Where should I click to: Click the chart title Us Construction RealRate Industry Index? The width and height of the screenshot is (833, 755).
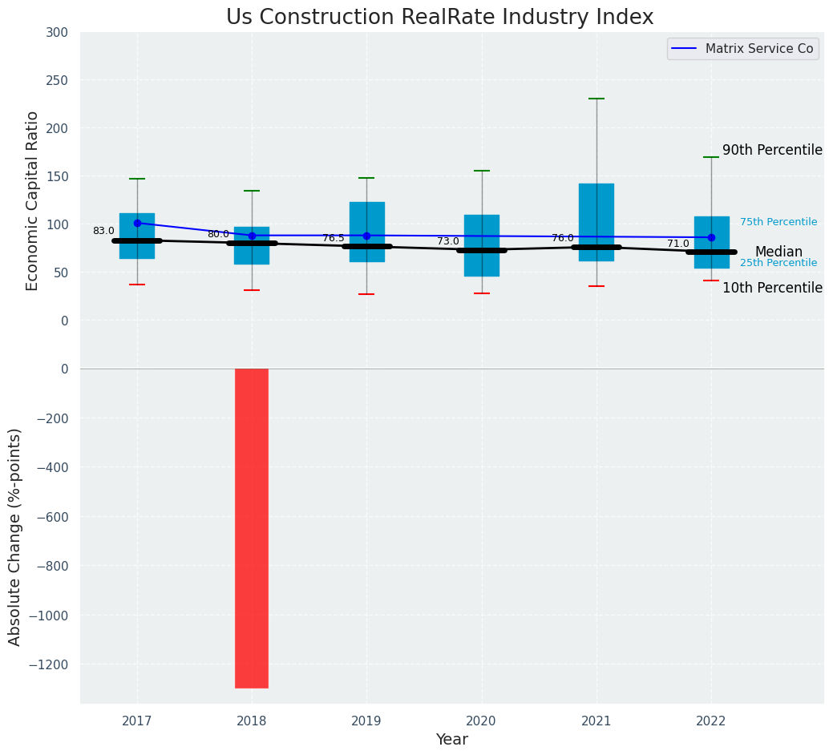(x=439, y=18)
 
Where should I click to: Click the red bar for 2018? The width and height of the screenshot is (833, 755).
(x=252, y=527)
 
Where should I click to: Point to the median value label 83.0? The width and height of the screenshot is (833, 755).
(x=103, y=231)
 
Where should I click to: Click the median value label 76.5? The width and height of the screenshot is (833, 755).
(x=334, y=238)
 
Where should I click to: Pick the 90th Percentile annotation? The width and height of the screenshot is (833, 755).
(x=772, y=150)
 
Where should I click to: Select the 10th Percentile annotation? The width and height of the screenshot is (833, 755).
(x=772, y=288)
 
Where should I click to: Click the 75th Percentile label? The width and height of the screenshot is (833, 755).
(x=778, y=222)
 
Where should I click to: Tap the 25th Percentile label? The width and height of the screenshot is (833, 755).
(x=778, y=263)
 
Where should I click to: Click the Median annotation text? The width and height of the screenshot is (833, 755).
(x=778, y=252)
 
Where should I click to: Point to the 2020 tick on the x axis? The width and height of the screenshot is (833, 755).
(x=482, y=721)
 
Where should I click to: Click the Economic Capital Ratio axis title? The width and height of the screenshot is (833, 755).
(x=33, y=200)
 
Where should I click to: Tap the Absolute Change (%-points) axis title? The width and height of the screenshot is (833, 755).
(x=15, y=536)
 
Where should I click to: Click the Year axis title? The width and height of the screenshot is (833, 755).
(x=452, y=740)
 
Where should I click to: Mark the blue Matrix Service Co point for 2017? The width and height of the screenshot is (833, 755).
(x=137, y=223)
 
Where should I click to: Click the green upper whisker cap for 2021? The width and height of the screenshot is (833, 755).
(x=596, y=99)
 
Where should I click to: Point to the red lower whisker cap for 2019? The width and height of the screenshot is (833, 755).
(x=366, y=294)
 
